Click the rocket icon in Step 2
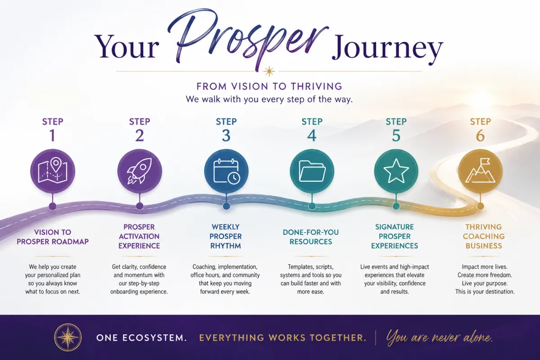(x=139, y=171)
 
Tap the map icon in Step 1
(x=53, y=170)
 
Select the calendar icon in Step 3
(x=226, y=171)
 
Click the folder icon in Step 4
(x=312, y=171)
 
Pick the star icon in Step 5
(x=396, y=171)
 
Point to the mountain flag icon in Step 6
(x=480, y=170)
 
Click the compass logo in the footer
(x=68, y=337)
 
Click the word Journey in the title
(x=387, y=48)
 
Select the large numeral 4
(x=312, y=135)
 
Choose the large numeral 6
(x=480, y=135)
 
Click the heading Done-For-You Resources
(x=311, y=237)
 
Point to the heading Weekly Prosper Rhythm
(x=225, y=236)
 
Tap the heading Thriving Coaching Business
(x=484, y=236)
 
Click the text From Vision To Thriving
(x=269, y=86)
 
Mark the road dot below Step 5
(x=396, y=206)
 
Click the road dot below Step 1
(x=53, y=206)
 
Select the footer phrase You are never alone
(x=439, y=337)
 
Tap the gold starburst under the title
(x=269, y=71)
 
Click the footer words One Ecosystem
(x=141, y=338)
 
